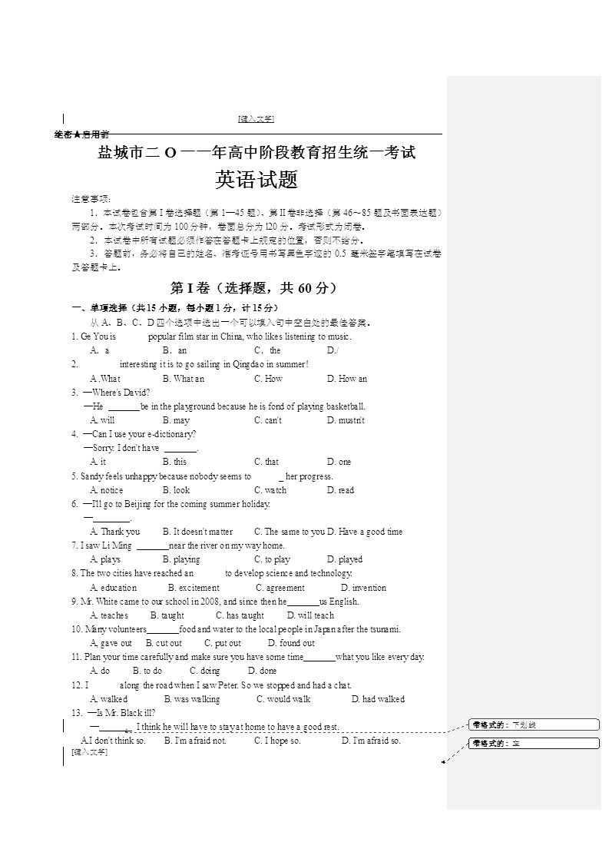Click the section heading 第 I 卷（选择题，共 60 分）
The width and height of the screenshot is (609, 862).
[253, 288]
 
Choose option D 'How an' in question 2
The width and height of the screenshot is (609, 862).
[347, 379]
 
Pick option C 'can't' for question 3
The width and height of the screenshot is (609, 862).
[268, 420]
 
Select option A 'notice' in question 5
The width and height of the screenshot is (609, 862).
[107, 490]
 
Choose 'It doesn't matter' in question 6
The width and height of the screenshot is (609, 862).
[198, 532]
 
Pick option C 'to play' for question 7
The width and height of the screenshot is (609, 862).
[272, 559]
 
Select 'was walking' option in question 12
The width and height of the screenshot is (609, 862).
[192, 699]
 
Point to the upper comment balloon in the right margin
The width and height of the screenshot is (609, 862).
[534, 724]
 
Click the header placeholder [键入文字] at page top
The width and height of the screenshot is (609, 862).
[257, 118]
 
